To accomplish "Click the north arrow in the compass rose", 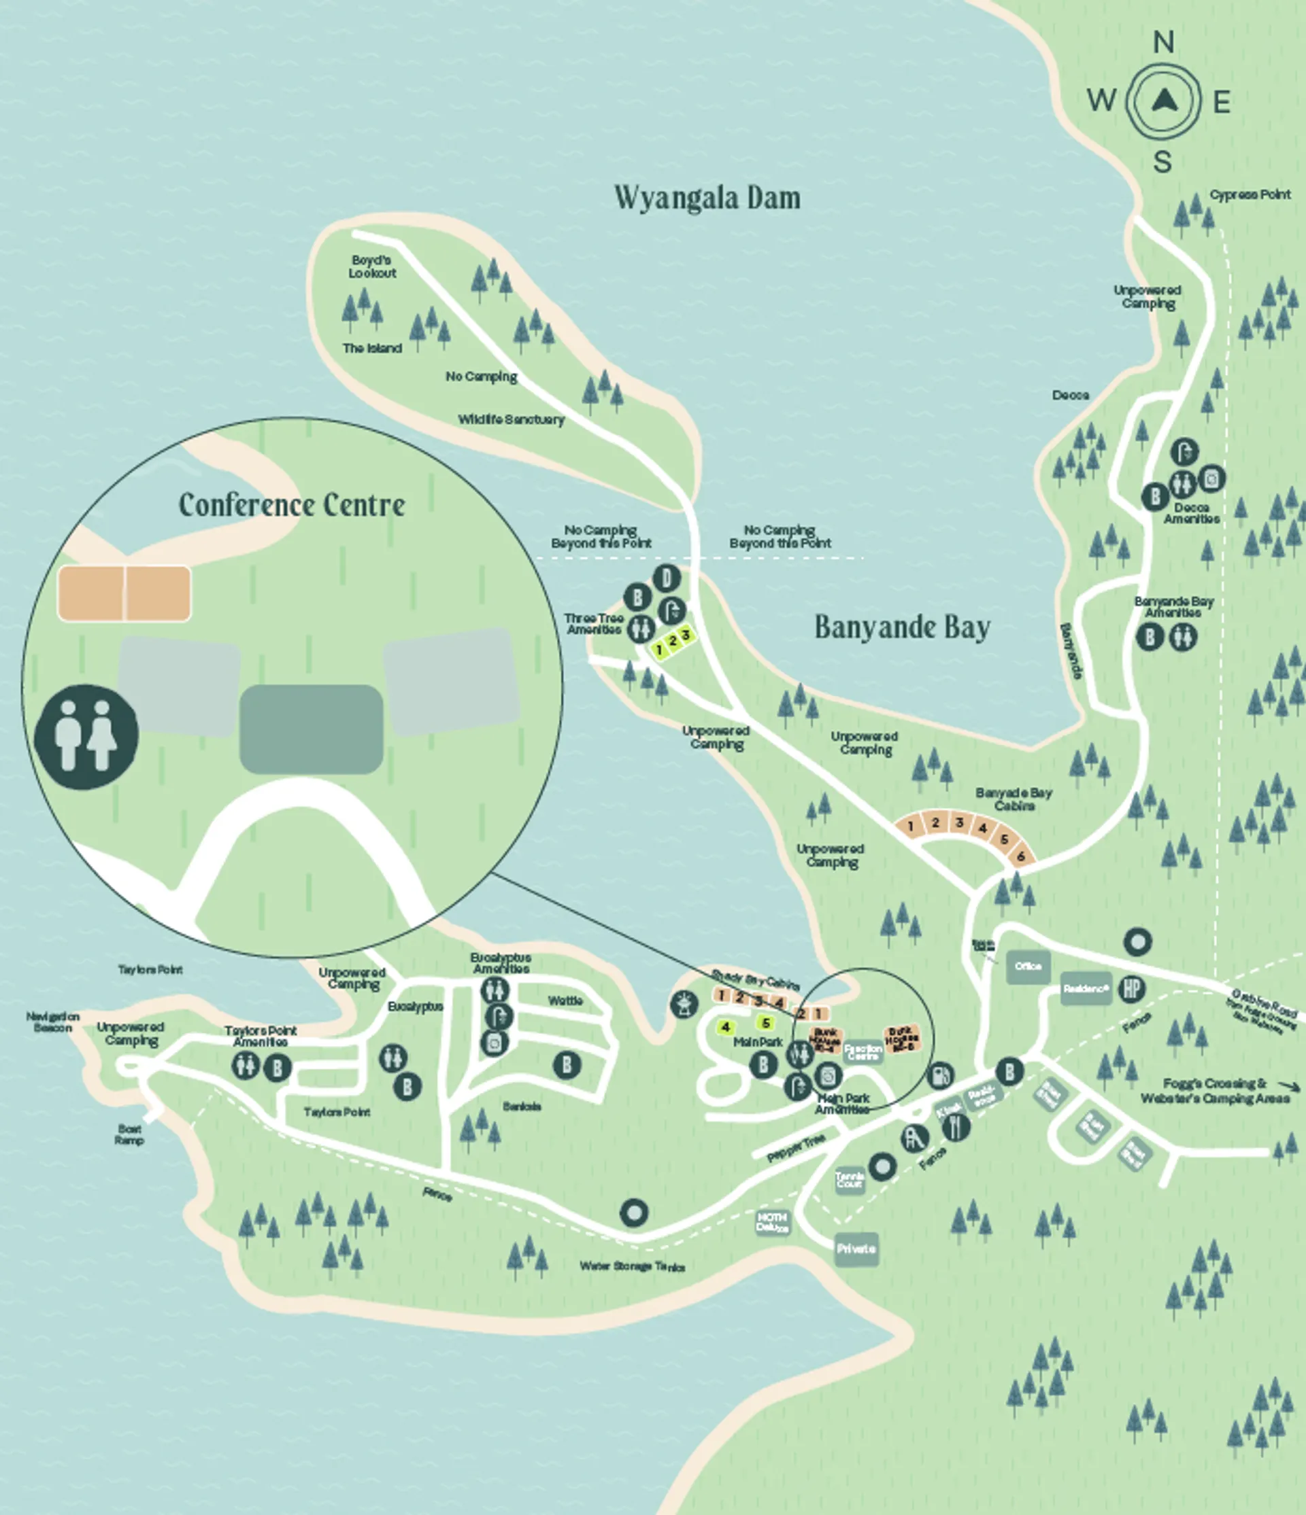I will point(1162,100).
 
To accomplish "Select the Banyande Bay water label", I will point(902,627).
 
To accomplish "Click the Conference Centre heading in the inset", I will point(292,504).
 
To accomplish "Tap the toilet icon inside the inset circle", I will point(86,736).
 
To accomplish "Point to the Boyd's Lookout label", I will point(371,267).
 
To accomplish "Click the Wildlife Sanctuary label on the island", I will point(511,419).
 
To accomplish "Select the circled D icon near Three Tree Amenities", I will point(666,578).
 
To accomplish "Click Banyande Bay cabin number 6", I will point(1022,856).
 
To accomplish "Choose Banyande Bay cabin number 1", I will point(910,826).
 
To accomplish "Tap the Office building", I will point(1028,967).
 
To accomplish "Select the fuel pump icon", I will point(940,1075).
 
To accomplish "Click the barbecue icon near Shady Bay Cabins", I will point(684,1003).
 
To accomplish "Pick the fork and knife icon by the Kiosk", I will point(956,1128).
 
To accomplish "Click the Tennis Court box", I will point(850,1180).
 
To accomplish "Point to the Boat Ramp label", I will point(129,1134).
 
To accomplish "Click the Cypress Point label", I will point(1250,194).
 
